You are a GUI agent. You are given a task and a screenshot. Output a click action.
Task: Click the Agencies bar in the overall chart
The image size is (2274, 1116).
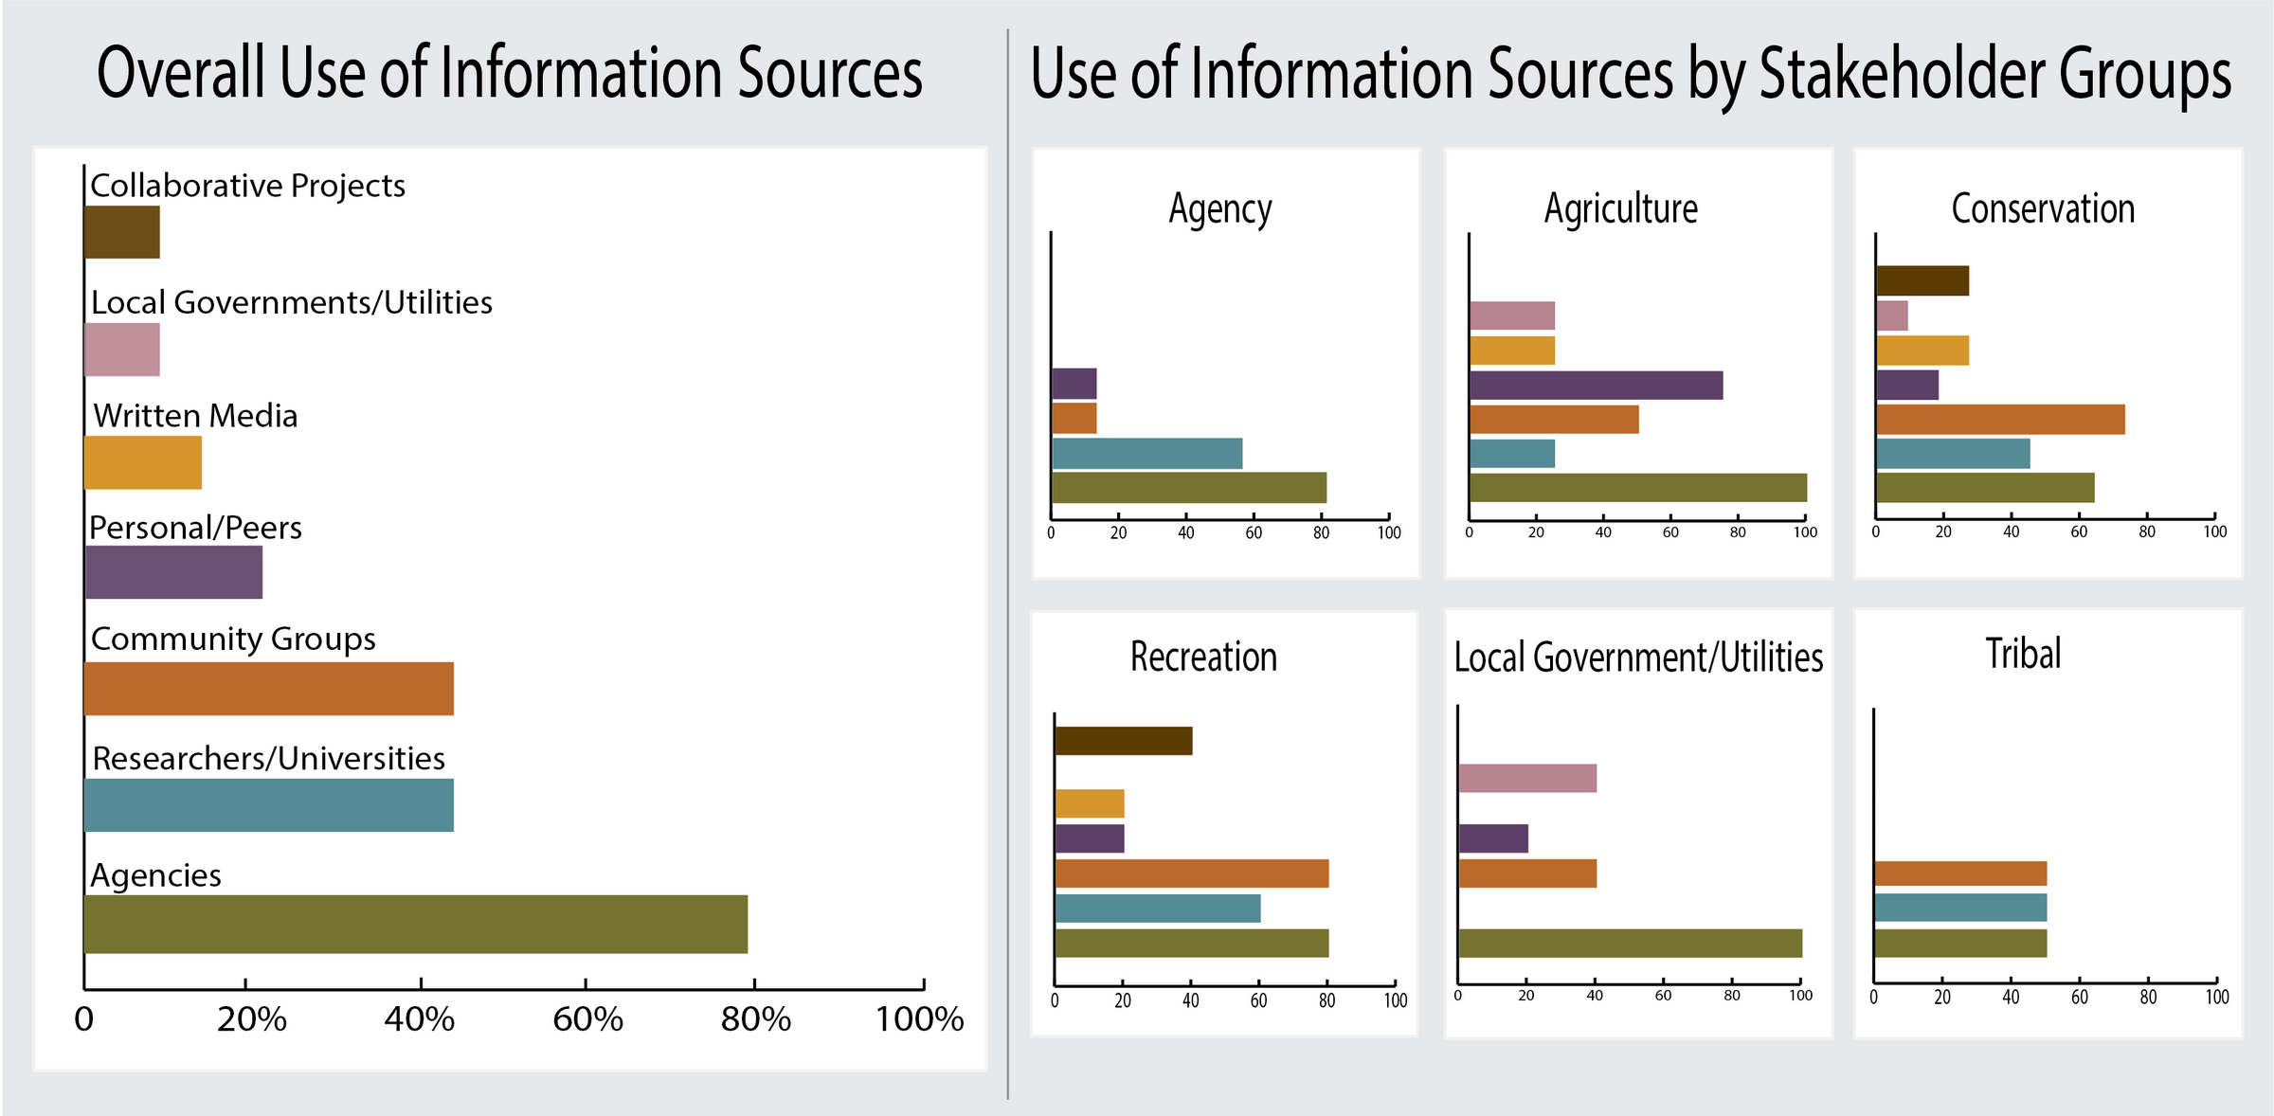point(415,924)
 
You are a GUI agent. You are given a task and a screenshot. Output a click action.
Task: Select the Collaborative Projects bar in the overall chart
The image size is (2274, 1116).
point(122,232)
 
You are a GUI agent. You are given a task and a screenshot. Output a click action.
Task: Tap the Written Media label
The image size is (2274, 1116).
point(195,416)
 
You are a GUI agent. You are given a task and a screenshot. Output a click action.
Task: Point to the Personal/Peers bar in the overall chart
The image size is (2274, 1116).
point(173,572)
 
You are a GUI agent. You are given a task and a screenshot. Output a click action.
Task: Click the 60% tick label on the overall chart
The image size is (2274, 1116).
point(587,1019)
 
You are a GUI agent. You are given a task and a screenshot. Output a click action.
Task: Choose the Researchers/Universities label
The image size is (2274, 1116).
point(268,758)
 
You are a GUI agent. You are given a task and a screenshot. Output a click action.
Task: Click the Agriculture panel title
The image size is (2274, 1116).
point(1620,209)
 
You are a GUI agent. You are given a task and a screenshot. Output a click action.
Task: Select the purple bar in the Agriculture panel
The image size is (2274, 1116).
point(1596,386)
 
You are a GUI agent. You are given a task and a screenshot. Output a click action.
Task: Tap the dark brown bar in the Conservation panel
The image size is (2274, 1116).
point(1922,281)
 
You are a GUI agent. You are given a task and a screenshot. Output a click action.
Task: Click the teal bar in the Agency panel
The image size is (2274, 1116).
point(1146,454)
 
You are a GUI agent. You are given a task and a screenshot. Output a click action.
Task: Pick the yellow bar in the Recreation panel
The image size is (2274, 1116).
point(1090,803)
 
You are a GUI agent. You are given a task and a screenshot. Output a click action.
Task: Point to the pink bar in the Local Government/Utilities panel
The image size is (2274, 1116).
point(1527,778)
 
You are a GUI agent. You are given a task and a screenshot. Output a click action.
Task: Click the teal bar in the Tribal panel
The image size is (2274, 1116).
point(1960,908)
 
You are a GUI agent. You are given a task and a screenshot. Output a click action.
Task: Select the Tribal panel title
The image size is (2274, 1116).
point(2023,655)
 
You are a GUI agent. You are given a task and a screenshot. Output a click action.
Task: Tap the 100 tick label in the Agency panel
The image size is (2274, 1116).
point(1389,533)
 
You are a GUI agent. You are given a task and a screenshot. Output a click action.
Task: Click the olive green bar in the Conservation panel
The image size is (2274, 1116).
point(1985,488)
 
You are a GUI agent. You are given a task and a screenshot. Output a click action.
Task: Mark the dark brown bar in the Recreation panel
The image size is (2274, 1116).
point(1124,741)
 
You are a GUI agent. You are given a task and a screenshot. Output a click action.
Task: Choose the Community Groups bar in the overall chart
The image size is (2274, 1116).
point(269,689)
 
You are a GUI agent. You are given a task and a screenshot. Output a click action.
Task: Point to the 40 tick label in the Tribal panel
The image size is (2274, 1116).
point(2011,998)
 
